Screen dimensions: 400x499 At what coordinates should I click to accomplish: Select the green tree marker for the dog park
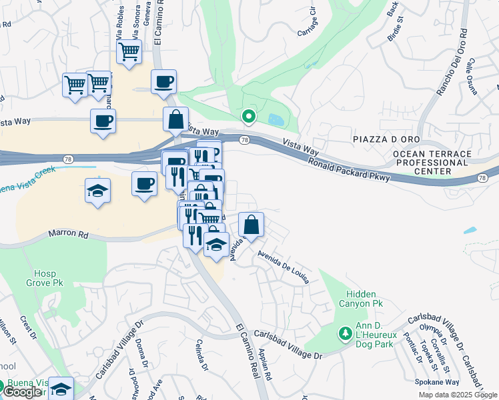click(x=346, y=332)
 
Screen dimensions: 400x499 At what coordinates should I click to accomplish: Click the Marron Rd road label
click(x=68, y=235)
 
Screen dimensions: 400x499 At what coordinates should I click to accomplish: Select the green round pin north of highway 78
click(x=249, y=117)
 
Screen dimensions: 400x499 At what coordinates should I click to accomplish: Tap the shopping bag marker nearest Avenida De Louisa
click(x=251, y=224)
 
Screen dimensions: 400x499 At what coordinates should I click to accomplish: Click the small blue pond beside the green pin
click(x=275, y=120)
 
